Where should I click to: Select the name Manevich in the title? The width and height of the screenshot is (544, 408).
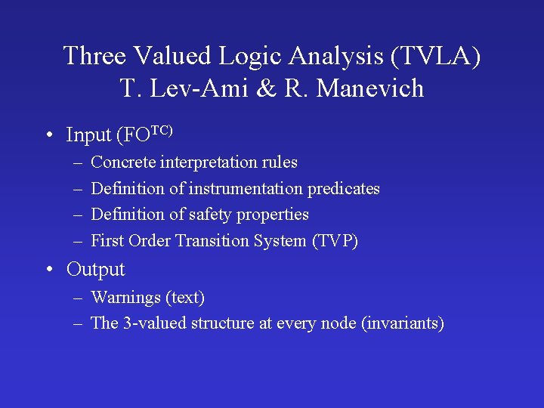point(370,89)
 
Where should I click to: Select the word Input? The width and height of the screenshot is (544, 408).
point(88,135)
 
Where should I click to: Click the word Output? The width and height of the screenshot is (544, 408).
point(95,270)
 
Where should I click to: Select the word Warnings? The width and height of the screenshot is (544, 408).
point(124,298)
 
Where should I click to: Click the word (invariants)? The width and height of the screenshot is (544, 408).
point(403,323)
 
